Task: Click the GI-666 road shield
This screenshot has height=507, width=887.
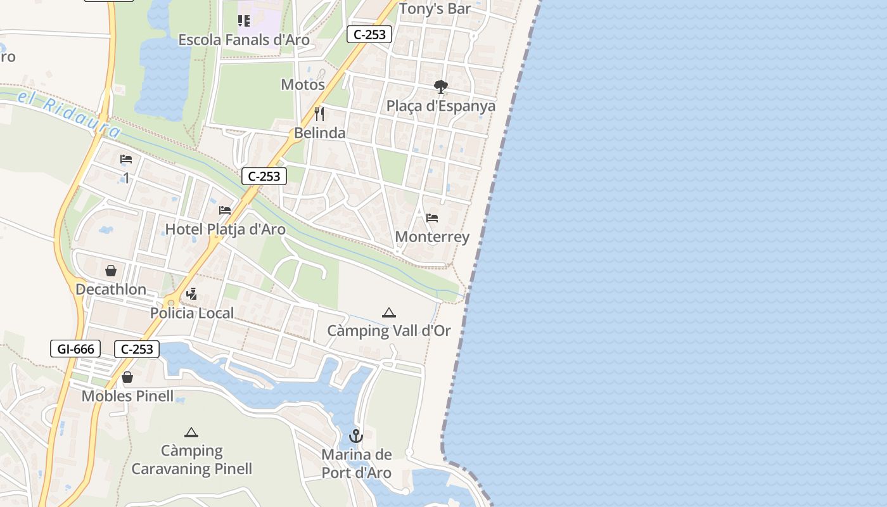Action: pos(75,349)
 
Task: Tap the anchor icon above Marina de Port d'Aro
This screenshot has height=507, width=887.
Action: pos(356,436)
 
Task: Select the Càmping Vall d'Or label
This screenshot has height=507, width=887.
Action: pos(389,330)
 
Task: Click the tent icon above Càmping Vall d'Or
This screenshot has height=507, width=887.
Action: pos(389,312)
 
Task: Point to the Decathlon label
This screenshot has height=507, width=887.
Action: pos(111,289)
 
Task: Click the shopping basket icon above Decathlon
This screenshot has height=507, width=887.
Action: pos(111,271)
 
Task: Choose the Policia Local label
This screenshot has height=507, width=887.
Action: pos(192,312)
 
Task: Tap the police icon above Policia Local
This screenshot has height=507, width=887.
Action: pos(192,294)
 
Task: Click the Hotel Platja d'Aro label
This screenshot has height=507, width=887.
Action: pos(226,229)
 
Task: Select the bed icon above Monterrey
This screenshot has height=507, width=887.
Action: pos(432,218)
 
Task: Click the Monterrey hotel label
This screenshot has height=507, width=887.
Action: pos(432,236)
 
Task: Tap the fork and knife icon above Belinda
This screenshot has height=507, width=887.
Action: pos(319,114)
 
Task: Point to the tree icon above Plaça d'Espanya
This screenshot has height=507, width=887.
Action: pos(440,87)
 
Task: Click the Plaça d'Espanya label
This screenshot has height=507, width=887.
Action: pos(441,105)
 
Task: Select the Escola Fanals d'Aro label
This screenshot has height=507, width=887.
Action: pos(244,40)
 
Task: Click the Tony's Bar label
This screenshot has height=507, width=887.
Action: pos(435,9)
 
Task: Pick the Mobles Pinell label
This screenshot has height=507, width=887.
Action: pos(127,396)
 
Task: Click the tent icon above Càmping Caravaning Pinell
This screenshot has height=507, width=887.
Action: pos(191,433)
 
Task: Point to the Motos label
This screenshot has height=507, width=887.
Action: pos(303,84)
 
